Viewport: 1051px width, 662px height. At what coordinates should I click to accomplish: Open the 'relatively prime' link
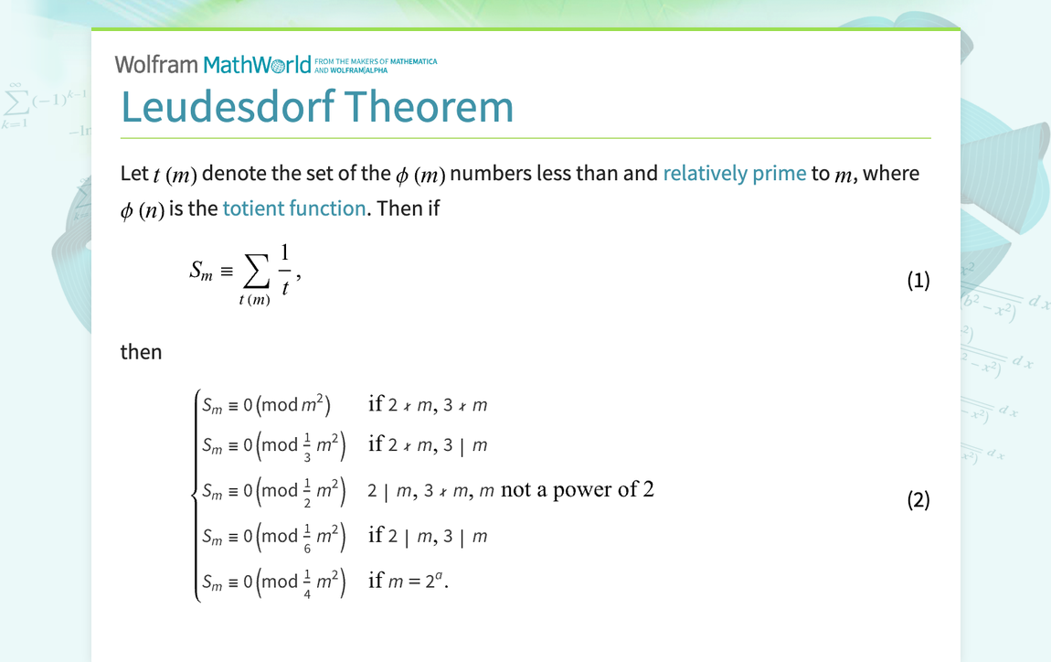734,173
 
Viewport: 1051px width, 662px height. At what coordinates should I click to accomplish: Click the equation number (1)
918,281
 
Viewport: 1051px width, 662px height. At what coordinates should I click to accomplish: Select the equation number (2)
918,500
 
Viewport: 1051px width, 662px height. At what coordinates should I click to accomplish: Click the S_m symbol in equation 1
200,271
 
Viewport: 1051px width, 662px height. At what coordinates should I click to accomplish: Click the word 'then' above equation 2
141,352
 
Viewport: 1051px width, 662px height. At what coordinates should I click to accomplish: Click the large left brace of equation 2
195,494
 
